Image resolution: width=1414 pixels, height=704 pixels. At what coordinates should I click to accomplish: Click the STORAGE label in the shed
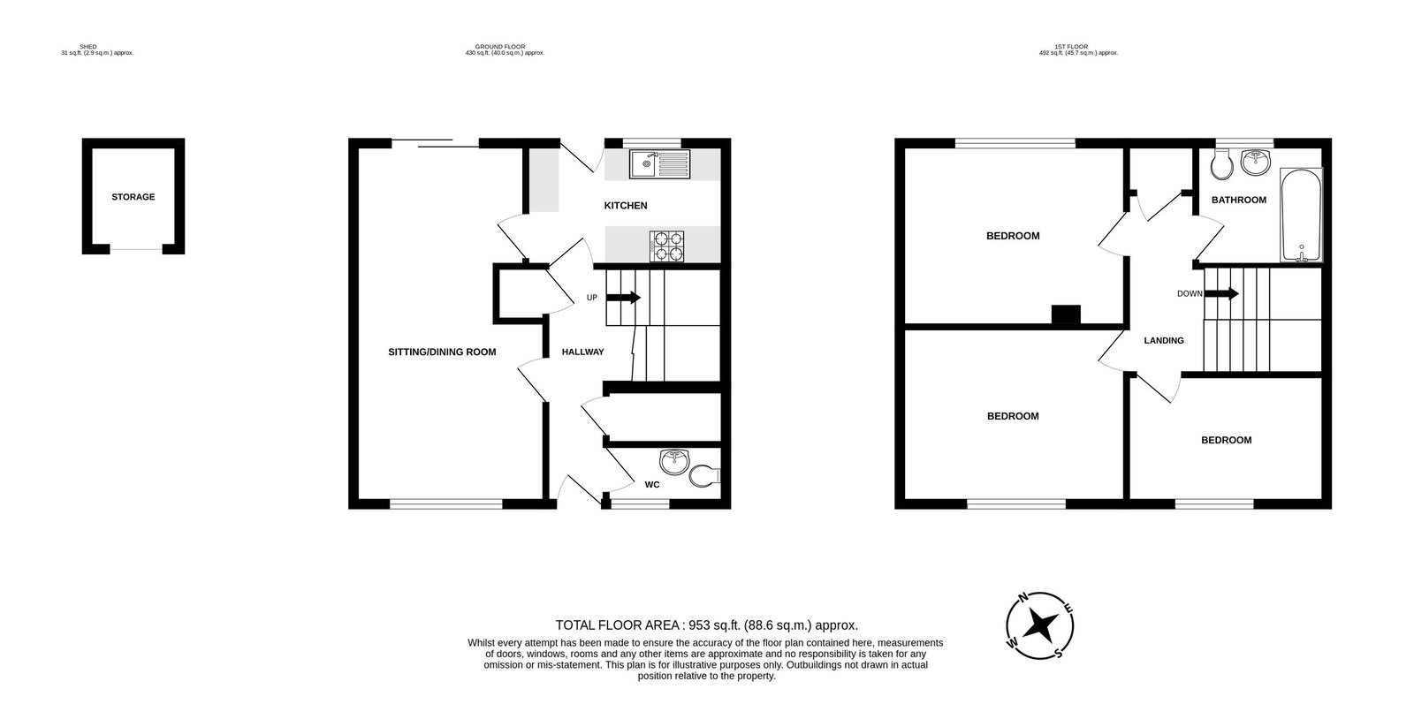(133, 197)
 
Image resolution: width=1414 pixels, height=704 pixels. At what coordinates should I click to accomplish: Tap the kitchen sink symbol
(659, 163)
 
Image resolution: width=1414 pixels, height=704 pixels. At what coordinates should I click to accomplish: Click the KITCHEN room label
(626, 206)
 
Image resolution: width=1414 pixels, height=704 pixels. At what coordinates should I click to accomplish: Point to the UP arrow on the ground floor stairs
(624, 298)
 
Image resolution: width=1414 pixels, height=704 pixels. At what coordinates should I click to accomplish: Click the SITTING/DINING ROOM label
(442, 352)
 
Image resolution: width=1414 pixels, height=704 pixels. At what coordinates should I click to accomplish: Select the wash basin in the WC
(674, 460)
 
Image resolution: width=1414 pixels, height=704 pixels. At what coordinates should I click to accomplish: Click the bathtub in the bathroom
(1302, 216)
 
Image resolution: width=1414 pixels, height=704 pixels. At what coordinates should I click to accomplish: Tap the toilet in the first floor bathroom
(1223, 163)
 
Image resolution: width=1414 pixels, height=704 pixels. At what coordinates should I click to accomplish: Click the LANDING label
(1163, 340)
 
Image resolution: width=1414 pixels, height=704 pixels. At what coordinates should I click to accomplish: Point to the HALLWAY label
(582, 352)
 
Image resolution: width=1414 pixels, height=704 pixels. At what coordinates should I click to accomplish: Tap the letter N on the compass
(1023, 598)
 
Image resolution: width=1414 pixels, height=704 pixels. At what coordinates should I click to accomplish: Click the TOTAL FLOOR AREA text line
(706, 624)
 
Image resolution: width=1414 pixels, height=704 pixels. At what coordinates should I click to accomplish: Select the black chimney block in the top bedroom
(1066, 314)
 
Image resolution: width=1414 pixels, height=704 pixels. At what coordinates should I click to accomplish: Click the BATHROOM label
(1238, 200)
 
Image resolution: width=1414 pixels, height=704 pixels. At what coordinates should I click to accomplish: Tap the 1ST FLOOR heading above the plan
(1078, 46)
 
